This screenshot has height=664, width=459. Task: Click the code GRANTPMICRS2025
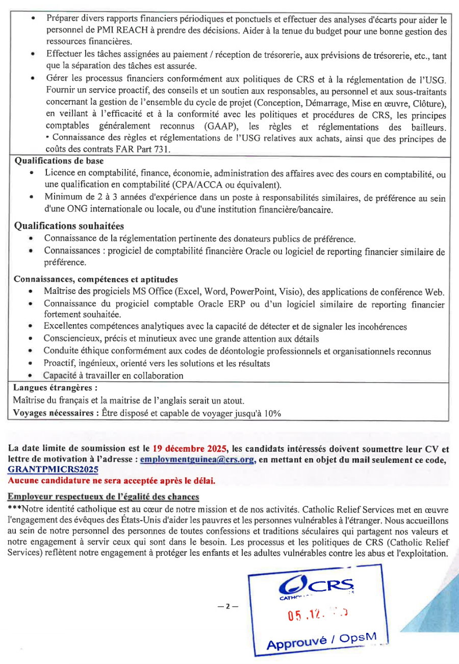pyautogui.click(x=54, y=470)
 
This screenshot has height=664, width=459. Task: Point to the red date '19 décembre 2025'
pyautogui.click(x=189, y=450)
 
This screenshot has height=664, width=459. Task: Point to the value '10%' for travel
pyautogui.click(x=272, y=413)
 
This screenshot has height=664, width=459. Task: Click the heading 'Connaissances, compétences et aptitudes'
pyautogui.click(x=96, y=280)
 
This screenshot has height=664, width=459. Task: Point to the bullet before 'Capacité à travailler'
pyautogui.click(x=31, y=376)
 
